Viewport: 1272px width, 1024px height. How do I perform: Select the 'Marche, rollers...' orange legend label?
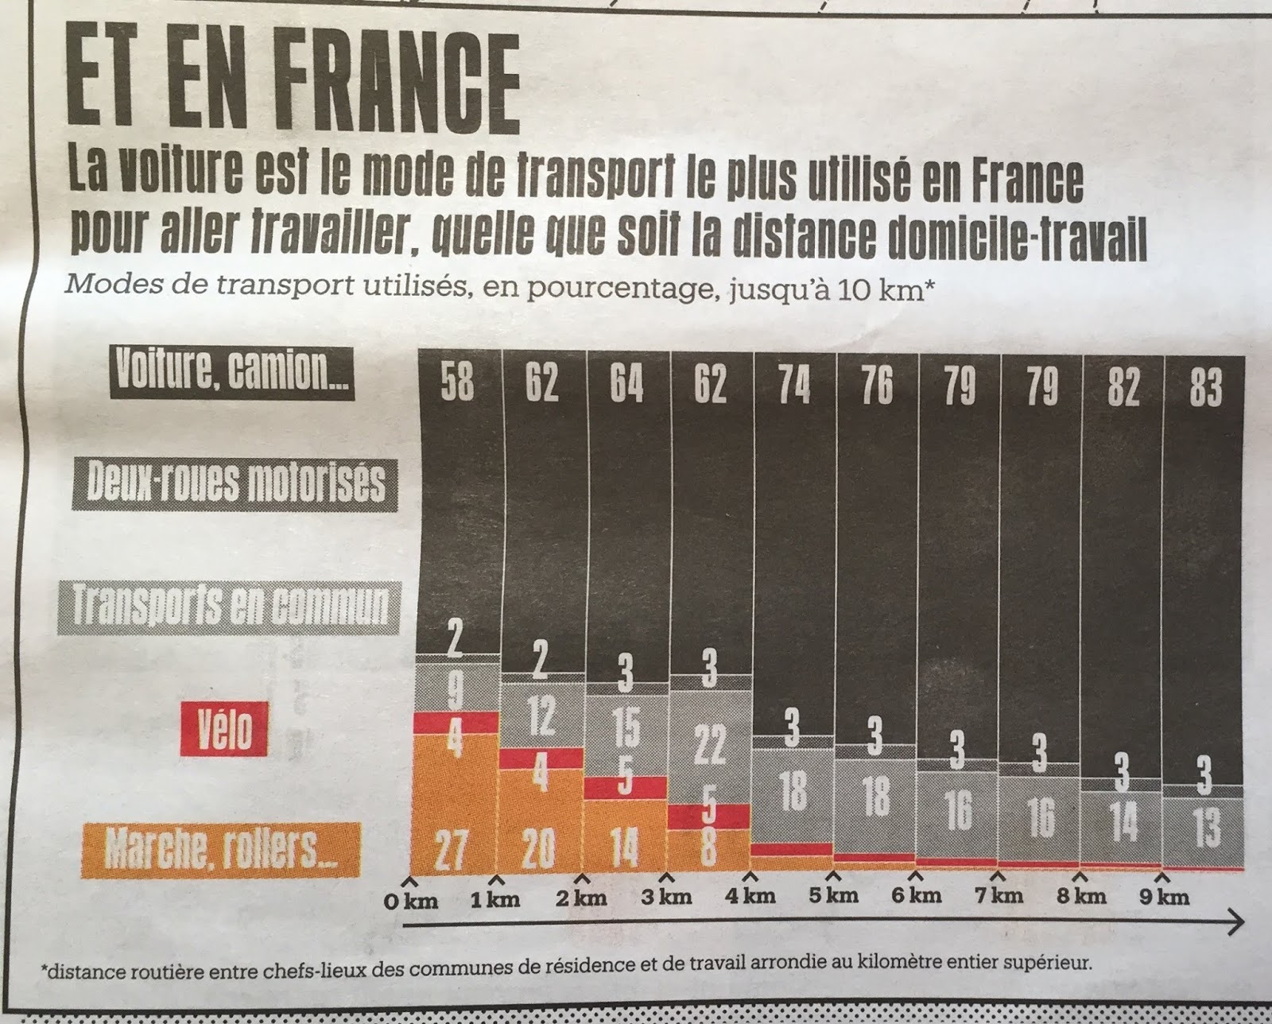point(220,851)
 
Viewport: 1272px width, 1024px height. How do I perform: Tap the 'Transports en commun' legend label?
point(230,607)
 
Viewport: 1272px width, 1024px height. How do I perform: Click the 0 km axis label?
point(410,900)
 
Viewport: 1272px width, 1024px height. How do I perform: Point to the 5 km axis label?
point(833,895)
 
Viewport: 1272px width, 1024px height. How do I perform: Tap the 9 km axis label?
point(1164,897)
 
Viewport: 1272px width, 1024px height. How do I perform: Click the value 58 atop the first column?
point(457,384)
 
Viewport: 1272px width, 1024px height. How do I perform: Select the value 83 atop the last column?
point(1205,387)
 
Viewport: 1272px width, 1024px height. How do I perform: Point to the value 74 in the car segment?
point(794,386)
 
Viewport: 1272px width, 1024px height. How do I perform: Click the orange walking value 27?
point(452,851)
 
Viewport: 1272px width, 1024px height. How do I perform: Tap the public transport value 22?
point(709,745)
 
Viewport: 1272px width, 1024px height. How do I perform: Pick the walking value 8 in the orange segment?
point(707,848)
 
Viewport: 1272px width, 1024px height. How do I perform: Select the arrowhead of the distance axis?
point(1235,923)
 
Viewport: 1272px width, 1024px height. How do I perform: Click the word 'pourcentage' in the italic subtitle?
point(594,285)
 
